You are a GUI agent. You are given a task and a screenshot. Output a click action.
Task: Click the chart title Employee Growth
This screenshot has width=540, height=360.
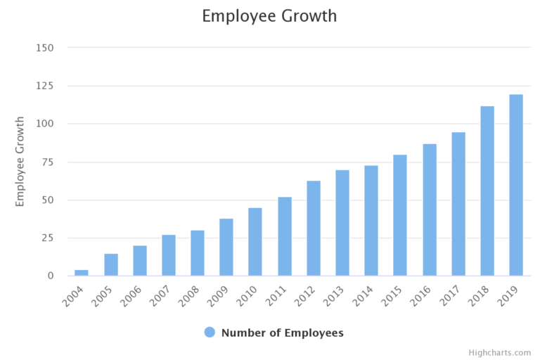click(x=269, y=15)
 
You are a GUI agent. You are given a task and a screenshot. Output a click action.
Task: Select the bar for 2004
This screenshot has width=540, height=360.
click(x=82, y=272)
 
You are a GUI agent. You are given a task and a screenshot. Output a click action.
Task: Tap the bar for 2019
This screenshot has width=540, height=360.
click(x=516, y=185)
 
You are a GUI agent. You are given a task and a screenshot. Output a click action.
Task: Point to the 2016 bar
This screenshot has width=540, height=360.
click(x=430, y=210)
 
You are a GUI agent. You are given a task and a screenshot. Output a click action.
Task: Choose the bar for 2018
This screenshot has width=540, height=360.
click(x=487, y=191)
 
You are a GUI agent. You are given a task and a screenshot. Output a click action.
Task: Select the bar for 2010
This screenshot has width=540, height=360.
click(x=255, y=241)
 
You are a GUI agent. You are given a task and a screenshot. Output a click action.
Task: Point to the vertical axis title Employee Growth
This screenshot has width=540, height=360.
click(x=20, y=161)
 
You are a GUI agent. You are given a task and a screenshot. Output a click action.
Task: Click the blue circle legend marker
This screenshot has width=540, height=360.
click(x=210, y=333)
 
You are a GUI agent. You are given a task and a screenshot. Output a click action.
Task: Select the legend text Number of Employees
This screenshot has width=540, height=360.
click(x=283, y=333)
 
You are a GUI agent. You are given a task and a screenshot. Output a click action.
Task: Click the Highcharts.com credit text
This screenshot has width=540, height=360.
click(x=500, y=352)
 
